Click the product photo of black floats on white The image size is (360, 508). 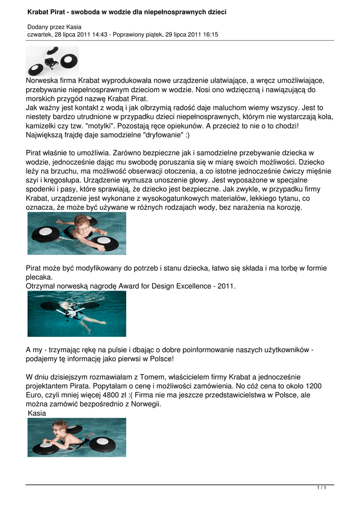[52, 61]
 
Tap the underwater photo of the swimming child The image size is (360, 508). [76, 314]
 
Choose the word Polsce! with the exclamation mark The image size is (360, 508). [159, 358]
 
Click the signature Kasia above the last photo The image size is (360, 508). [37, 413]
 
